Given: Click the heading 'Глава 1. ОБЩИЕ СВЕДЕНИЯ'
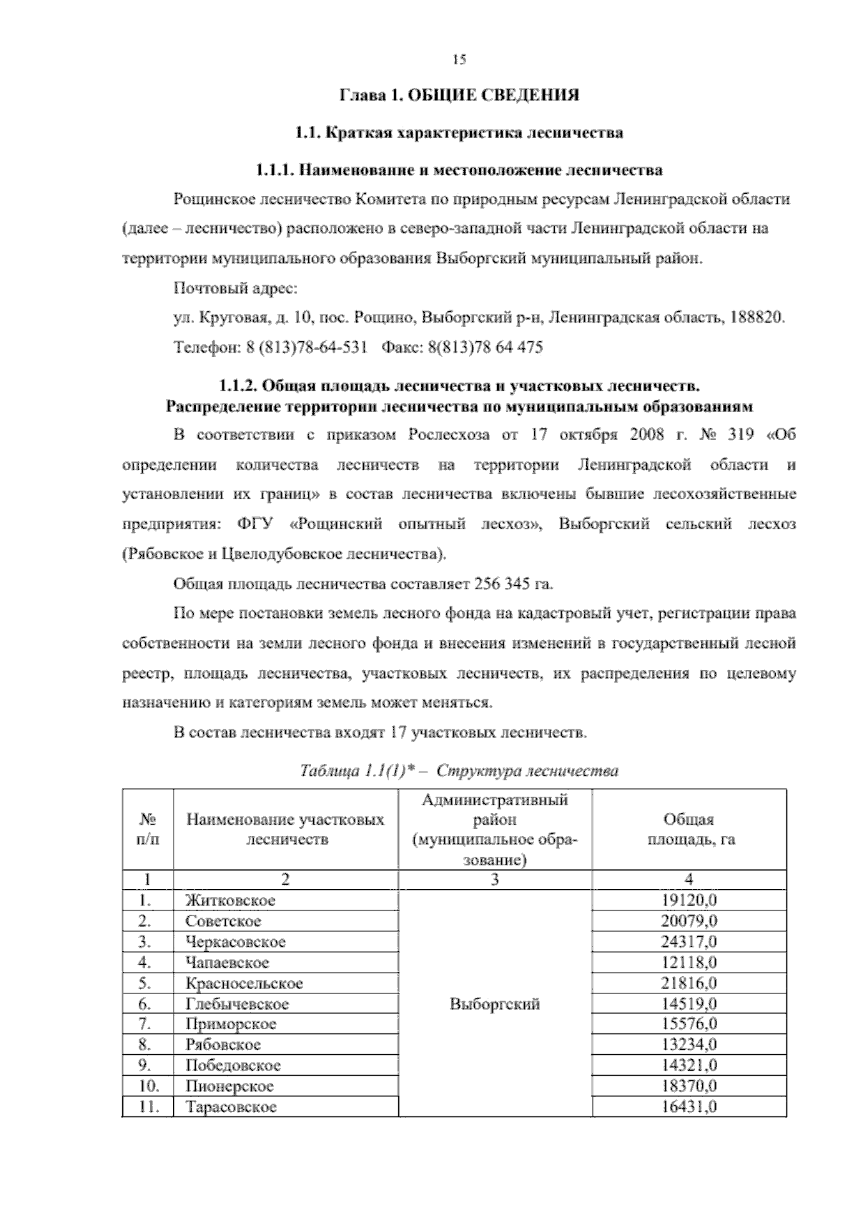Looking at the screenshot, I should [459, 95].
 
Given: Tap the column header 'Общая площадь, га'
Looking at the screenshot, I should [689, 830].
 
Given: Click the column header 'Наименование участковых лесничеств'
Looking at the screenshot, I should [285, 830].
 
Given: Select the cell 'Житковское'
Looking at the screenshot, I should [230, 900].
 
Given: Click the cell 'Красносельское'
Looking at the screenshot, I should [244, 983].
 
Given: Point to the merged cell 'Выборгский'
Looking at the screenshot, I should [495, 1004].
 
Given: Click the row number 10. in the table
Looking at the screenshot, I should [147, 1086].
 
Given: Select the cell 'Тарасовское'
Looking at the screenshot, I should [231, 1107].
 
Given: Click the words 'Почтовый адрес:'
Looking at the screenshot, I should [235, 289].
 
